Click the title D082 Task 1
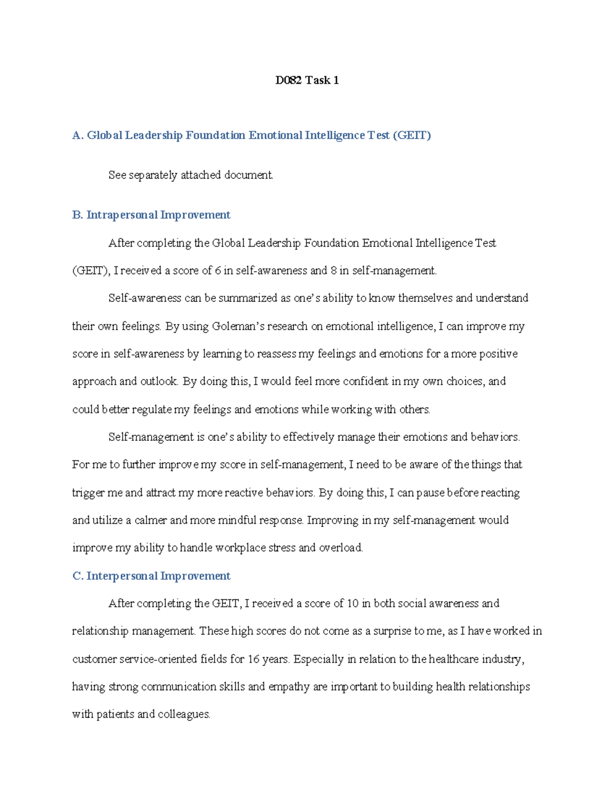pos(306,80)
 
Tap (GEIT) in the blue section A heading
pos(412,135)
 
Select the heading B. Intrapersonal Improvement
pos(151,215)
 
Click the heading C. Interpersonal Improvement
pos(151,576)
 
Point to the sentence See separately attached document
pos(191,175)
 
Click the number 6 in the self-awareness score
pos(218,271)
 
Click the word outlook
pos(159,382)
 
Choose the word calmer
pos(151,520)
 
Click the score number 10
pos(353,604)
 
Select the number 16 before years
pos(254,659)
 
